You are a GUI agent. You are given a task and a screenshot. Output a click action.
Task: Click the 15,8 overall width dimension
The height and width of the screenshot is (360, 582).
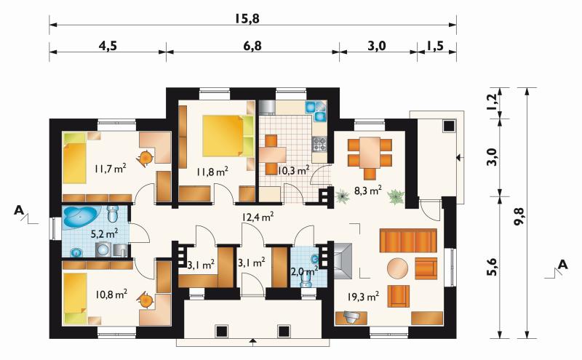247,19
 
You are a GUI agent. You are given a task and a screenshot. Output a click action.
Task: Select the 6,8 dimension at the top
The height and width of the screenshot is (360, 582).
252,46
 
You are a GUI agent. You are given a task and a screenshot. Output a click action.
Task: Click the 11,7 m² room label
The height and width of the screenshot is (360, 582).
111,169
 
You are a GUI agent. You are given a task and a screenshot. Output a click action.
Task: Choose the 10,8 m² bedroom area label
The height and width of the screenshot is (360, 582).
111,295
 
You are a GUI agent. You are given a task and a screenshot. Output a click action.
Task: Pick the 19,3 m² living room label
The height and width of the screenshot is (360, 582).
363,296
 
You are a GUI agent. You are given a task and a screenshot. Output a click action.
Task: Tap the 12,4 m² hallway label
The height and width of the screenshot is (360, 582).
258,217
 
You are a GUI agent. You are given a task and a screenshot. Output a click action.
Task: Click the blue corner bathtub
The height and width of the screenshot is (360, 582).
81,217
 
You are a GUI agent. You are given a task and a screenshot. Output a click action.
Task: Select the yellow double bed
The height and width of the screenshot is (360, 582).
228,135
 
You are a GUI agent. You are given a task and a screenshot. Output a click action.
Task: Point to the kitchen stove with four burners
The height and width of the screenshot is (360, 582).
319,144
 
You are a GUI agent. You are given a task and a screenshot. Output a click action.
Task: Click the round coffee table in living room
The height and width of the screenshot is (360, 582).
397,268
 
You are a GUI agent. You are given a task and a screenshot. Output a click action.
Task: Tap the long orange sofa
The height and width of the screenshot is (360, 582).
408,241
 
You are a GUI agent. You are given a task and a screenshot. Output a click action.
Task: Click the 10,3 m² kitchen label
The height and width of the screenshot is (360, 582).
294,170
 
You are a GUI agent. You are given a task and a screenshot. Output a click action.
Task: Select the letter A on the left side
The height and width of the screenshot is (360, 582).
19,210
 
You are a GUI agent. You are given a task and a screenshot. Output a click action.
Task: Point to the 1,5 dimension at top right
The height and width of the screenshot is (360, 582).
434,46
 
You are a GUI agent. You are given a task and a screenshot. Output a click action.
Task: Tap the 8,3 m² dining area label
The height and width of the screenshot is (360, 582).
368,191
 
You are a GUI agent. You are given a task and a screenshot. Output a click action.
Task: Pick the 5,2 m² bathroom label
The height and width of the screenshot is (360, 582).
105,233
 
